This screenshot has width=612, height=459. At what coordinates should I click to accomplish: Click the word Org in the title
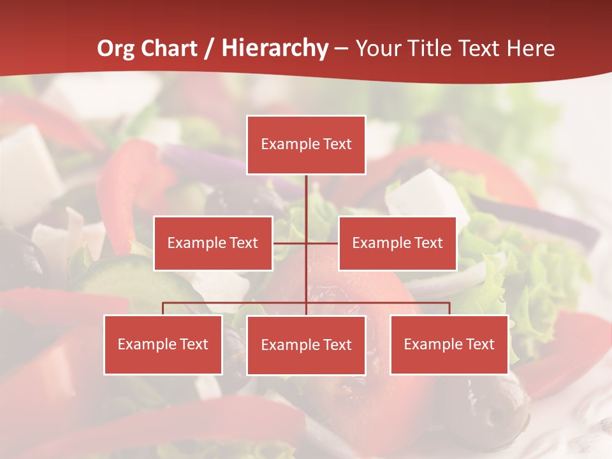(x=116, y=48)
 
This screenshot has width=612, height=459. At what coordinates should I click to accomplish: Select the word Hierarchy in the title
(x=275, y=48)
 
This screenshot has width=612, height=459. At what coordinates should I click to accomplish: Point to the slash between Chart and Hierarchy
(x=209, y=48)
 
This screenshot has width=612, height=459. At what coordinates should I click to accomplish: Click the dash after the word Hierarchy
(x=342, y=48)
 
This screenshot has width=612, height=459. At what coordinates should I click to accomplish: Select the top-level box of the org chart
(x=306, y=145)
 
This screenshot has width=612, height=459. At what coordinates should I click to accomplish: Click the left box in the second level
(x=213, y=244)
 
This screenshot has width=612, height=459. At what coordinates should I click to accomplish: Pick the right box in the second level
(x=397, y=244)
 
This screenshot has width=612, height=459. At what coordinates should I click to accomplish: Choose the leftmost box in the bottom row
(x=163, y=345)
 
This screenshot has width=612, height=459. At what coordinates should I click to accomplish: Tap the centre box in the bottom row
(x=306, y=345)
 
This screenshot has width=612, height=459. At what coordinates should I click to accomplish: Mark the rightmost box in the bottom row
(x=449, y=345)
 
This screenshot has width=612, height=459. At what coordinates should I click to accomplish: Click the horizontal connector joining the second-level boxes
(x=290, y=243)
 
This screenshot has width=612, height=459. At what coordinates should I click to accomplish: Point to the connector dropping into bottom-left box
(x=163, y=309)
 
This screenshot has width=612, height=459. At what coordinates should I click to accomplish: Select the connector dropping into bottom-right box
(x=449, y=309)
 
